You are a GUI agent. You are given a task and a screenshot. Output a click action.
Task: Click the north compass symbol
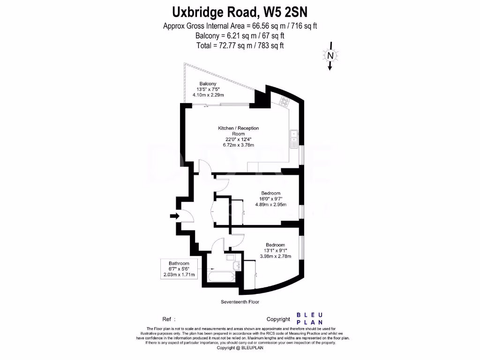coord(330,55)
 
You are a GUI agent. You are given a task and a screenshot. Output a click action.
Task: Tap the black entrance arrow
coord(174,216)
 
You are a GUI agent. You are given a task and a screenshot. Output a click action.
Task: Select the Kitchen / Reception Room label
coord(238,131)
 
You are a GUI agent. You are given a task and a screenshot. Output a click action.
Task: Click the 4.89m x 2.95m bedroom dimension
coord(270,204)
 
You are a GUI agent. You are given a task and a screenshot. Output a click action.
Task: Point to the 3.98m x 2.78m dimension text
coord(275,256)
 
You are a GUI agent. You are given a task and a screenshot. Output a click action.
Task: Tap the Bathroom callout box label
coord(179,263)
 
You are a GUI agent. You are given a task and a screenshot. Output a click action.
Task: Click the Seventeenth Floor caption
coord(240,302)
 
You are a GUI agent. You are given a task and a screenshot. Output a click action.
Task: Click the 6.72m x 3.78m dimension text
coord(238,145)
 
